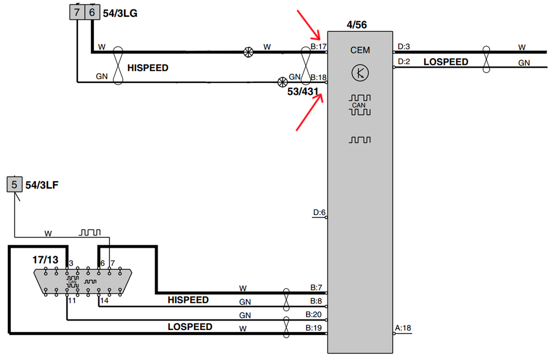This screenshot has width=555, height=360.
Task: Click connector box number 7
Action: coord(77,12)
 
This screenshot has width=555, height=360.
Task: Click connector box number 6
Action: coord(92,12)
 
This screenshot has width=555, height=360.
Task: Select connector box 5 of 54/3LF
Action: coord(14,184)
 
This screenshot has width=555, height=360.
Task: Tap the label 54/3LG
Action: coord(120,14)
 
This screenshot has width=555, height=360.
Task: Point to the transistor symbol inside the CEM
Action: coord(360,73)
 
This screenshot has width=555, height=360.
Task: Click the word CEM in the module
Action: coord(360,50)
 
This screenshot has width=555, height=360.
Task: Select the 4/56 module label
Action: coord(357,25)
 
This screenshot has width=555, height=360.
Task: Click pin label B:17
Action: coord(319,46)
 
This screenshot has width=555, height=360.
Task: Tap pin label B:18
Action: coord(319,77)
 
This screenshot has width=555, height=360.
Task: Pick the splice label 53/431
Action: coord(303,92)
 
